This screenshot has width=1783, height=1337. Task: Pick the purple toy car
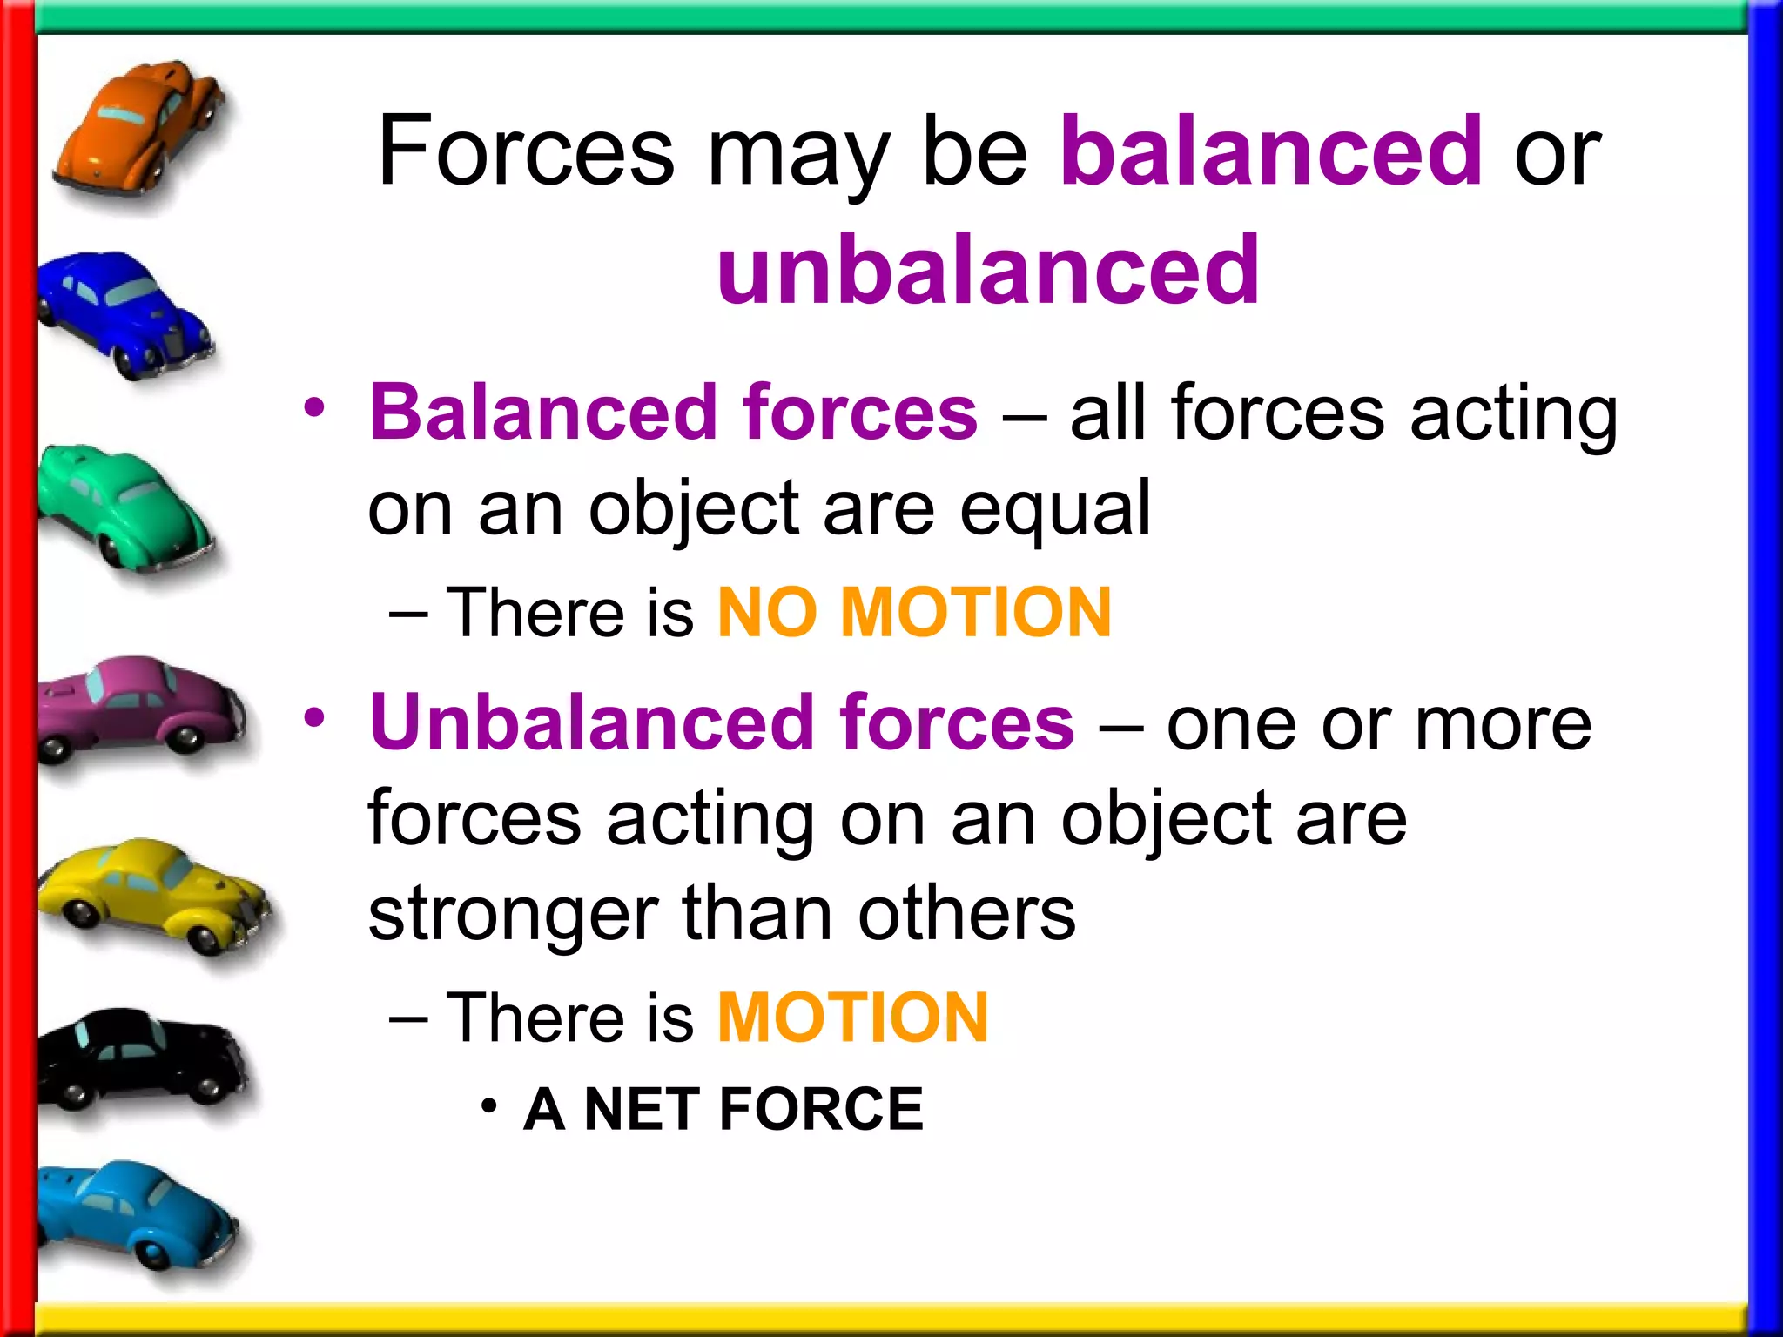(x=139, y=705)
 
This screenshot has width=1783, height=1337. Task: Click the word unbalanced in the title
(x=988, y=272)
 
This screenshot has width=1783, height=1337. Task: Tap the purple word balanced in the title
(x=1271, y=152)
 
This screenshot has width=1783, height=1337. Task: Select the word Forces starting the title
(x=527, y=152)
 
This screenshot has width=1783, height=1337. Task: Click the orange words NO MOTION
(x=914, y=613)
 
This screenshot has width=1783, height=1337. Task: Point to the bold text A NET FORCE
(x=723, y=1110)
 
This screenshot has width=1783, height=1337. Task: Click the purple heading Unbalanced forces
(x=723, y=722)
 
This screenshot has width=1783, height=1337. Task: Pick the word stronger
(x=514, y=916)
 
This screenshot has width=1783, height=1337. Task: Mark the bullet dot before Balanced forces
(x=314, y=407)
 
